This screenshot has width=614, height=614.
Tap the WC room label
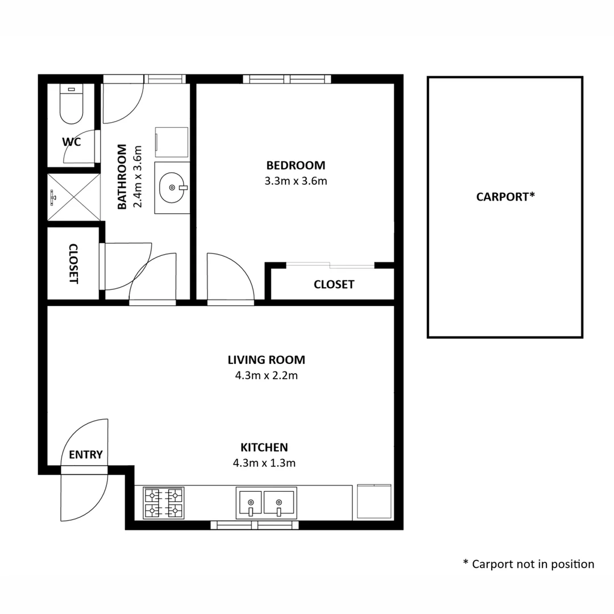pyautogui.click(x=72, y=142)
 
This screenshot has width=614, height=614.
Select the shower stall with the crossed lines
pyautogui.click(x=73, y=197)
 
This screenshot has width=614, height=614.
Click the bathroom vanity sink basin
pyautogui.click(x=172, y=188)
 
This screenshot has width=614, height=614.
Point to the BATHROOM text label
pyautogui.click(x=122, y=177)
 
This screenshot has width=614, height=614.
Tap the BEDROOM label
pyautogui.click(x=296, y=165)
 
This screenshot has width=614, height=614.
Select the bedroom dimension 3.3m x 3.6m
pyautogui.click(x=296, y=181)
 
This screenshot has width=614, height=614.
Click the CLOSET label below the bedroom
pyautogui.click(x=334, y=284)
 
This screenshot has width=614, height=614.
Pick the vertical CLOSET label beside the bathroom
pyautogui.click(x=73, y=263)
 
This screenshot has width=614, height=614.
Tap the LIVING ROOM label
pyautogui.click(x=266, y=360)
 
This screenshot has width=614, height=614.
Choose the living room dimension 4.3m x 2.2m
pyautogui.click(x=266, y=376)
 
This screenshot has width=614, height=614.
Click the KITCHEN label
pyautogui.click(x=264, y=447)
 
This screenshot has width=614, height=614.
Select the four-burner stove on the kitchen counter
pyautogui.click(x=164, y=503)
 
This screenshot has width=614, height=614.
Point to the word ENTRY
pyautogui.click(x=86, y=455)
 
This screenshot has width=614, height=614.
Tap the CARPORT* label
pyautogui.click(x=505, y=197)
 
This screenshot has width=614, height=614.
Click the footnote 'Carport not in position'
pyautogui.click(x=529, y=564)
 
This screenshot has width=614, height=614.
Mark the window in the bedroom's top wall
pyautogui.click(x=287, y=79)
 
